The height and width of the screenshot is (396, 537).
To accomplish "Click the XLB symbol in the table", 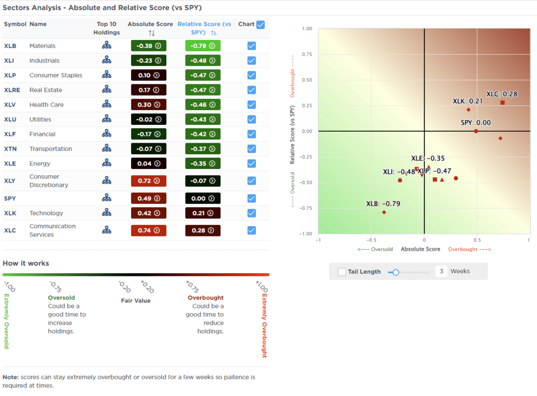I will tap(10, 46).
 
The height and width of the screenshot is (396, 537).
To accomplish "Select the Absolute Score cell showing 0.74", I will tap(148, 230).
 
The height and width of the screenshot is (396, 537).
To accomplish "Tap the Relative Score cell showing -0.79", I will tap(202, 46).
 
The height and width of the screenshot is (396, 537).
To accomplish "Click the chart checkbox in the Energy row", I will tap(251, 164).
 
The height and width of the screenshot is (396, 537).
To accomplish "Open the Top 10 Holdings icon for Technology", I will tap(107, 213).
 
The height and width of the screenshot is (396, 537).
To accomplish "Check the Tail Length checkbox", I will tap(342, 272).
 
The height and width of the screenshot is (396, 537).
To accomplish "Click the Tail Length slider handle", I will tap(396, 272).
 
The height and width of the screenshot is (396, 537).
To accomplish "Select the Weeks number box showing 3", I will tap(441, 272).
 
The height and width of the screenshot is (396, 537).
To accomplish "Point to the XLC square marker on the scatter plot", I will tap(502, 102).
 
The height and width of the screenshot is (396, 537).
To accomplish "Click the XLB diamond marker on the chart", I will tap(384, 212).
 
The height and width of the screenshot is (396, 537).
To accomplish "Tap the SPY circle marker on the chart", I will tap(476, 131).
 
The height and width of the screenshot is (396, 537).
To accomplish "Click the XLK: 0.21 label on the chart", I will tap(468, 101).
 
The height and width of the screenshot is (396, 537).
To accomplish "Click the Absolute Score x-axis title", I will tap(420, 249).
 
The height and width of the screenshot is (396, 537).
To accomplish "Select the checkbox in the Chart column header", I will tap(261, 24).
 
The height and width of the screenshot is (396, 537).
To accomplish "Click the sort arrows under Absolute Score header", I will tap(152, 33).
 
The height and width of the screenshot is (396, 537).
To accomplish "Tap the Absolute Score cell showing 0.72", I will tap(148, 181).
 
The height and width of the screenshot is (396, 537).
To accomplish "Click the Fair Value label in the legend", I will tap(136, 301).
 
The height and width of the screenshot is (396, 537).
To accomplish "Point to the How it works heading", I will tap(26, 263).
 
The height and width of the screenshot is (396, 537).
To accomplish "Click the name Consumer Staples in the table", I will tap(56, 75).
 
